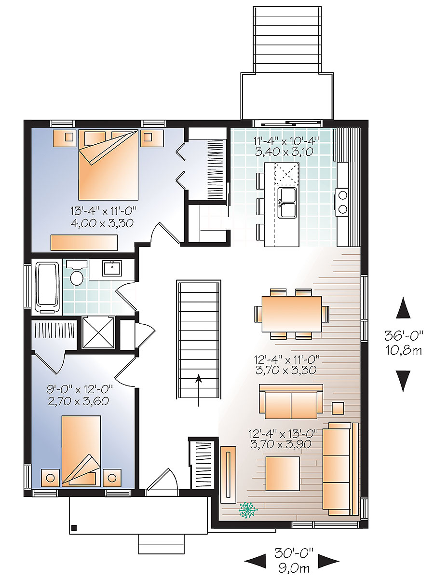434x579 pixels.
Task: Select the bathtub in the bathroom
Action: click(47, 285)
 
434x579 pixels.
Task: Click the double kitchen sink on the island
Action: click(288, 203)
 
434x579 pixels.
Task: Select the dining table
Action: click(291, 314)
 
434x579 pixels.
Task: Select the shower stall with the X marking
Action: click(98, 332)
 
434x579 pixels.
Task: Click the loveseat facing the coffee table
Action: click(291, 401)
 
